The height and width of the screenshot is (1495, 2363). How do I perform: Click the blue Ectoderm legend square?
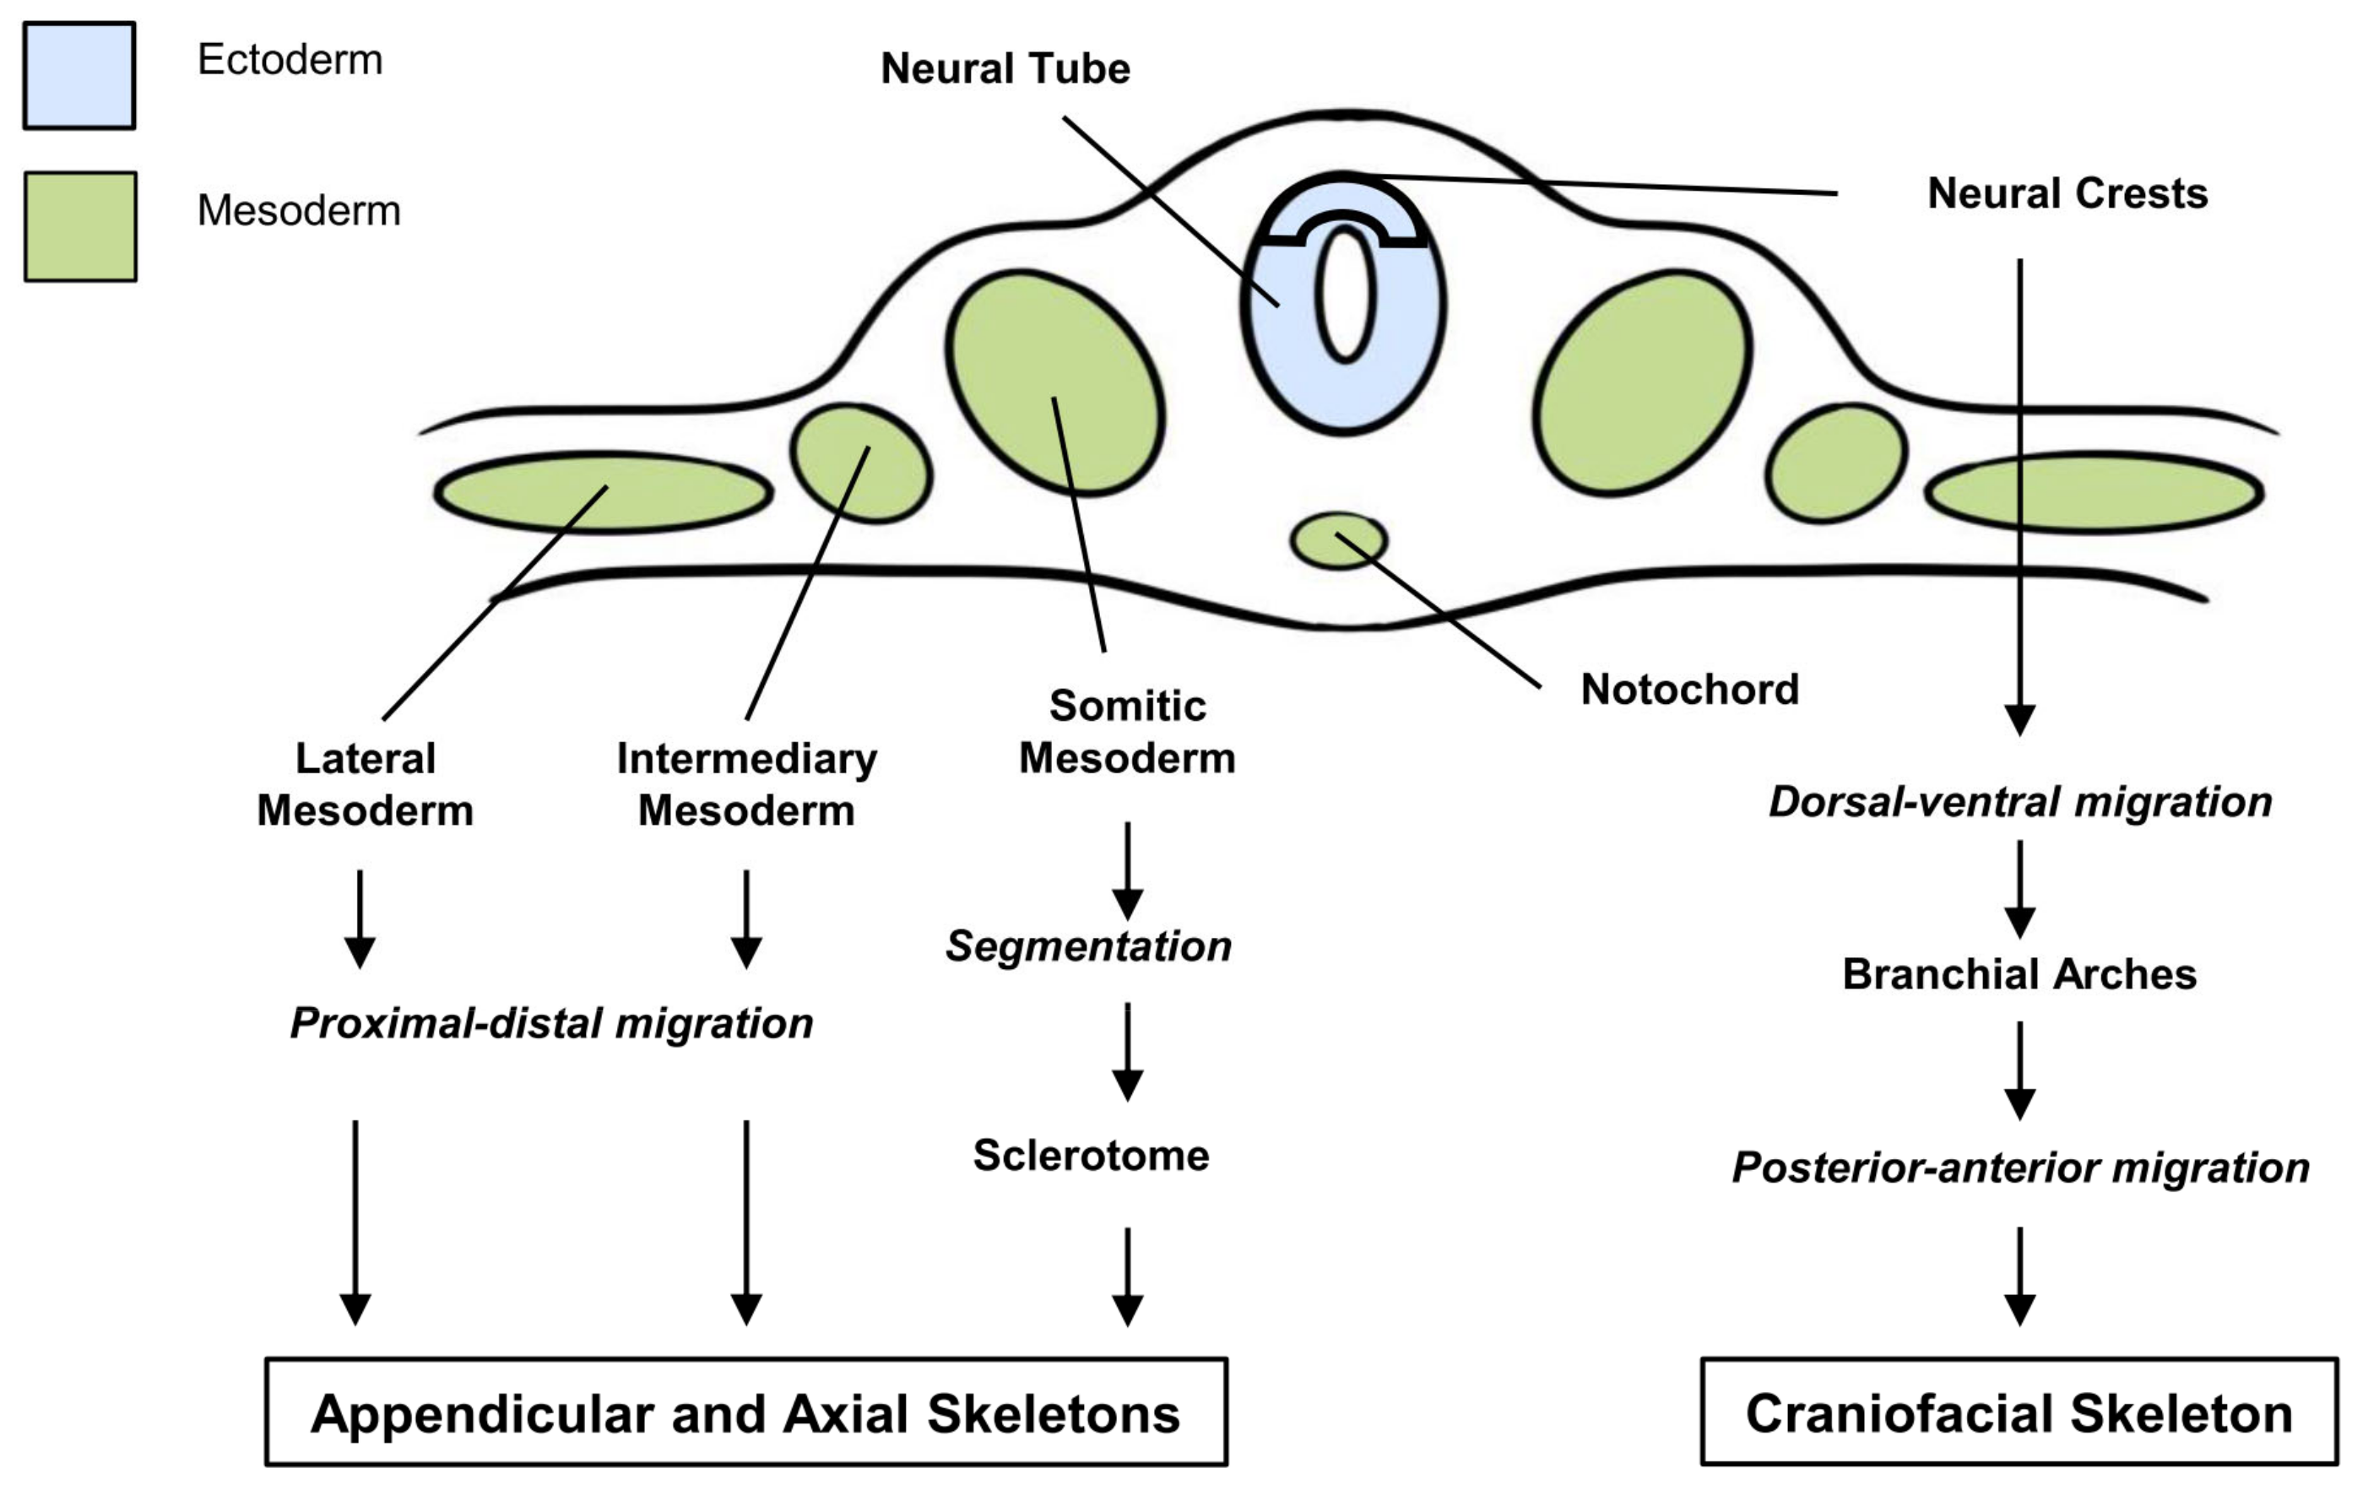pos(79,75)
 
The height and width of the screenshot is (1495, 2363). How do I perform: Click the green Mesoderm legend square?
pos(79,226)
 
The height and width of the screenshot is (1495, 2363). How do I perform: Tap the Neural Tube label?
pos(1005,68)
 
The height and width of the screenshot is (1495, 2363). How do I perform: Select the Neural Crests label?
pos(2067,193)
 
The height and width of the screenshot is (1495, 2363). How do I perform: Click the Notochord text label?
pos(1688,690)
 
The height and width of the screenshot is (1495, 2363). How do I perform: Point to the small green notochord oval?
pos(1338,540)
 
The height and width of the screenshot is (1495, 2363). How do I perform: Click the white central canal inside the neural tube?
pos(1344,295)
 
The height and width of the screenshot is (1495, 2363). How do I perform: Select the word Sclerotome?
pos(1090,1156)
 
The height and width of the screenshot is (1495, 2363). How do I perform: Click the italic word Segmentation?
pos(1088,946)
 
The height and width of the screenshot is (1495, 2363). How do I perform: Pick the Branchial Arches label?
pos(2019,974)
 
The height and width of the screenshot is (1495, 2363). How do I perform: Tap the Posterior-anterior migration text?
pos(2019,1167)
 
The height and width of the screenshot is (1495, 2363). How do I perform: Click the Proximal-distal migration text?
pos(551,1023)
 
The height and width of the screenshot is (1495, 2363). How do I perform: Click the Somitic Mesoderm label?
pos(1126,732)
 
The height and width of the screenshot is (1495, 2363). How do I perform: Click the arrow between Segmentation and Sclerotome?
pos(1128,1051)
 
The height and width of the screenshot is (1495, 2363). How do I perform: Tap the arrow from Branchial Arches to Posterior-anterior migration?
pos(2019,1070)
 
